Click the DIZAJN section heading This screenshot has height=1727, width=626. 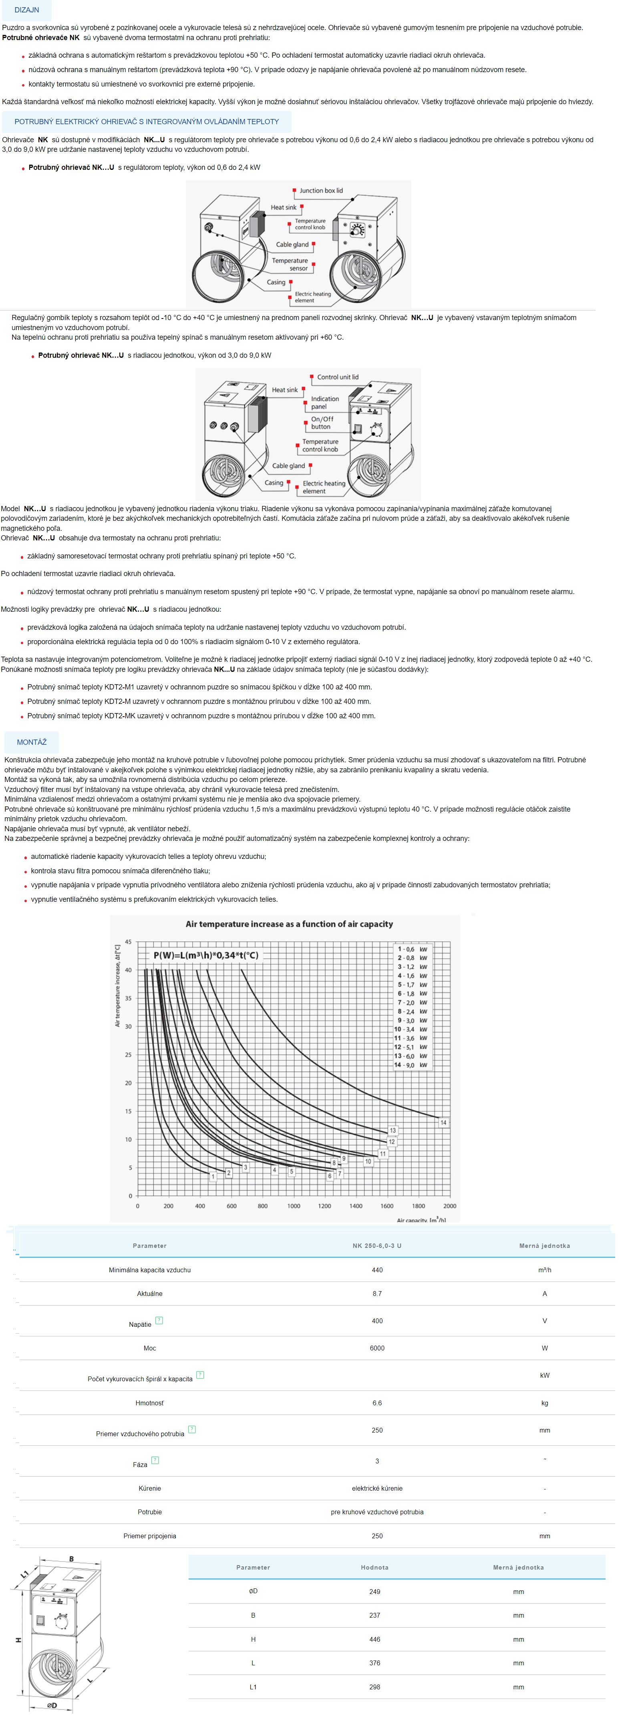tap(27, 10)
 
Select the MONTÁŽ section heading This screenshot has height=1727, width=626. tap(32, 742)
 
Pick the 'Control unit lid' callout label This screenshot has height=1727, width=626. tap(338, 377)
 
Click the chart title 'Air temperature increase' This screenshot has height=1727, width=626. tap(289, 924)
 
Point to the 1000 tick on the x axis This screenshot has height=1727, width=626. tap(294, 1206)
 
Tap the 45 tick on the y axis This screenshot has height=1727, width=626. tap(128, 942)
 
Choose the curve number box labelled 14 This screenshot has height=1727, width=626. tap(443, 1122)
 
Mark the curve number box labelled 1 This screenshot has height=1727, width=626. tap(213, 1177)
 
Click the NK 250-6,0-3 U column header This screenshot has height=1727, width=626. tap(376, 1245)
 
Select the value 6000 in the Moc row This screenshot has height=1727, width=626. tap(376, 1348)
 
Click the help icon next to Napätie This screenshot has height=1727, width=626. tap(159, 1321)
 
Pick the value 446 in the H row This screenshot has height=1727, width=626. tap(374, 1639)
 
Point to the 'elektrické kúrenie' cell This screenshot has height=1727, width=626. tap(376, 1488)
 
